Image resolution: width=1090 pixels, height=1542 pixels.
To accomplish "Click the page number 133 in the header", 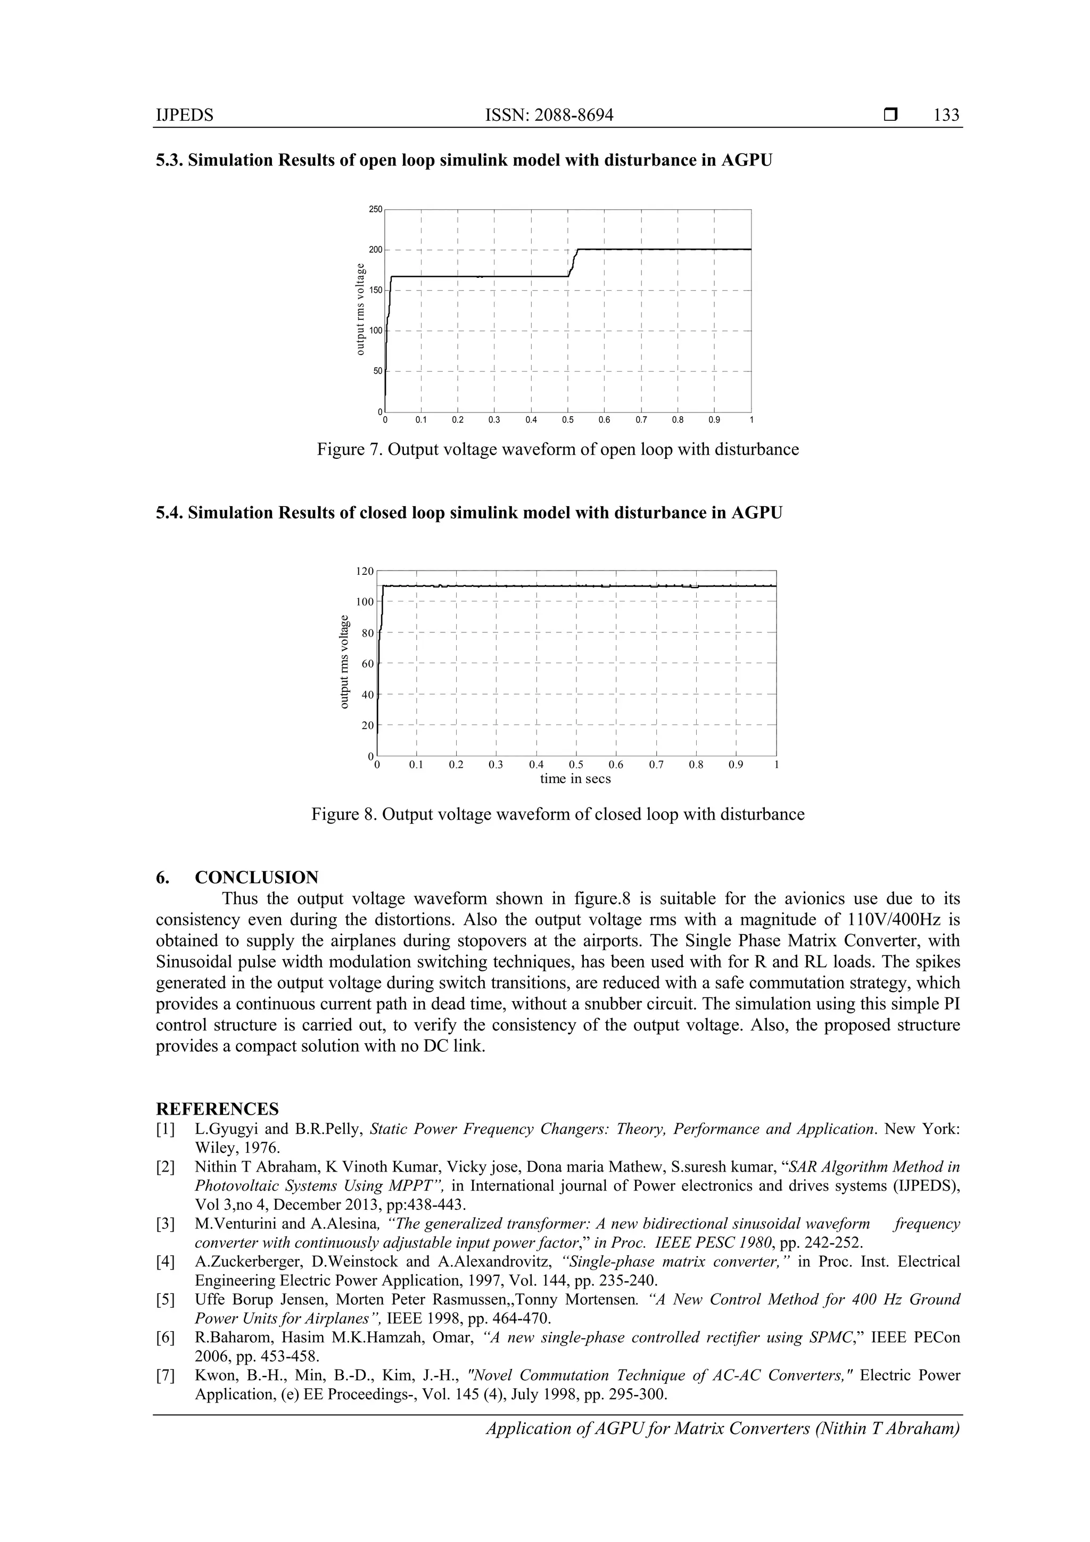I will pyautogui.click(x=946, y=115).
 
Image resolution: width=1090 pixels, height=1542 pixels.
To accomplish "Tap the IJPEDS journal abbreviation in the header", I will pyautogui.click(x=184, y=115).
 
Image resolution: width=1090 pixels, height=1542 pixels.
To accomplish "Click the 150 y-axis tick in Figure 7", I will pyautogui.click(x=375, y=290).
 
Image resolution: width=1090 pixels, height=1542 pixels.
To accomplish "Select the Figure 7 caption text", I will pyautogui.click(x=557, y=449).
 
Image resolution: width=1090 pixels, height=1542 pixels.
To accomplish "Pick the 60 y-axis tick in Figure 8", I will pyautogui.click(x=367, y=664).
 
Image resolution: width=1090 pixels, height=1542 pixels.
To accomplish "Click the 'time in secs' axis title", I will pyautogui.click(x=575, y=779).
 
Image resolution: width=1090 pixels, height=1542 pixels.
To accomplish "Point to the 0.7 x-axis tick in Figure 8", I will pyautogui.click(x=656, y=765).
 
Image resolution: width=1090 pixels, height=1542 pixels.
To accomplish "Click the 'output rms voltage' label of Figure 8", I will pyautogui.click(x=344, y=662).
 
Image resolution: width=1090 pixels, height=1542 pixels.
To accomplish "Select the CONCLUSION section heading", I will pyautogui.click(x=257, y=877).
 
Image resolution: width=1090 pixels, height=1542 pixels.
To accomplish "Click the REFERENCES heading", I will pyautogui.click(x=217, y=1108).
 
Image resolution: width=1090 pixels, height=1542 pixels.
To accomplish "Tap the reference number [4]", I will pyautogui.click(x=166, y=1261).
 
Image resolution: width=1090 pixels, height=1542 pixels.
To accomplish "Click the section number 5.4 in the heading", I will pyautogui.click(x=169, y=513).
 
